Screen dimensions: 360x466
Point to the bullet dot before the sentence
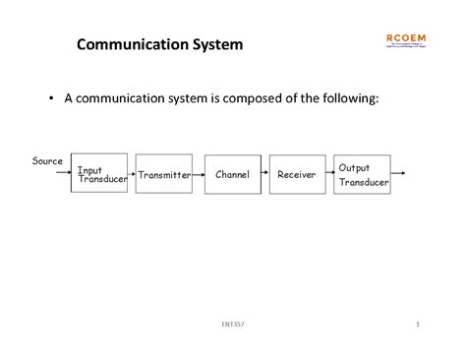52,99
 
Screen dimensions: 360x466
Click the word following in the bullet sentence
343,99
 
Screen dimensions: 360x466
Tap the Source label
47,160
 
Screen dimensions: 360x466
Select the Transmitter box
163,175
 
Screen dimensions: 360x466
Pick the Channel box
232,175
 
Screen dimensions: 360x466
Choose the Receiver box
296,175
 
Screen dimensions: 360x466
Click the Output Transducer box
362,174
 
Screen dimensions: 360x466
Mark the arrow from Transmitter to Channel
198,175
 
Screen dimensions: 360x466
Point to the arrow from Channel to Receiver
263,175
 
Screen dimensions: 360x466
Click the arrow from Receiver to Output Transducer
328,175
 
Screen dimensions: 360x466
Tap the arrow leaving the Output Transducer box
398,175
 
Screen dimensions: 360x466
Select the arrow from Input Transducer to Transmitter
131,175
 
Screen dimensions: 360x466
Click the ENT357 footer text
234,325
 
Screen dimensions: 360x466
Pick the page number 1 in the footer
418,325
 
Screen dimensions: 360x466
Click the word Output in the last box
354,168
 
